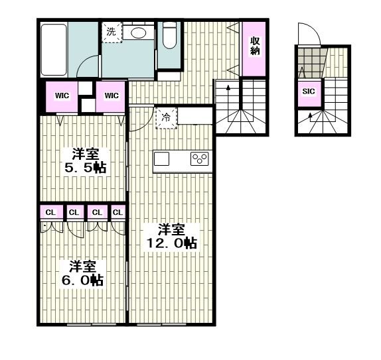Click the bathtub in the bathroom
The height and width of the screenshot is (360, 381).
click(54, 50)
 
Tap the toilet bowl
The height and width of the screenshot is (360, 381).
click(169, 36)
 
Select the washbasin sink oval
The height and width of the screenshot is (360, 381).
click(139, 33)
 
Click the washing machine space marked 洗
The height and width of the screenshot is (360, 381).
click(112, 32)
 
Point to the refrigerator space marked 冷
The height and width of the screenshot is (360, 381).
click(166, 118)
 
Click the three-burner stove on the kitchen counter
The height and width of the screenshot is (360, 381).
click(200, 158)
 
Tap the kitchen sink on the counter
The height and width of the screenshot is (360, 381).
click(161, 158)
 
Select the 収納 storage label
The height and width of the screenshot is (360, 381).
click(255, 46)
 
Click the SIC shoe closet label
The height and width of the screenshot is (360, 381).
click(309, 91)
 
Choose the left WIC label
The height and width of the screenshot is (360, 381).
click(62, 95)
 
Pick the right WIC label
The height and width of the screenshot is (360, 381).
click(112, 95)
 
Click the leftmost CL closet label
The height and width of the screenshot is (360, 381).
click(51, 213)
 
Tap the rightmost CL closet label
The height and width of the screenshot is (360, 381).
click(118, 213)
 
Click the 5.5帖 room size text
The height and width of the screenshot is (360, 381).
click(85, 168)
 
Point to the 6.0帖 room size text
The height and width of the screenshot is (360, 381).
click(82, 280)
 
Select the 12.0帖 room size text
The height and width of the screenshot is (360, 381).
click(172, 243)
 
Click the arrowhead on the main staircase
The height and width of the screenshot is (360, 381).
click(228, 88)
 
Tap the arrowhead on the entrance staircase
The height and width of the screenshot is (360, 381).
click(310, 115)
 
